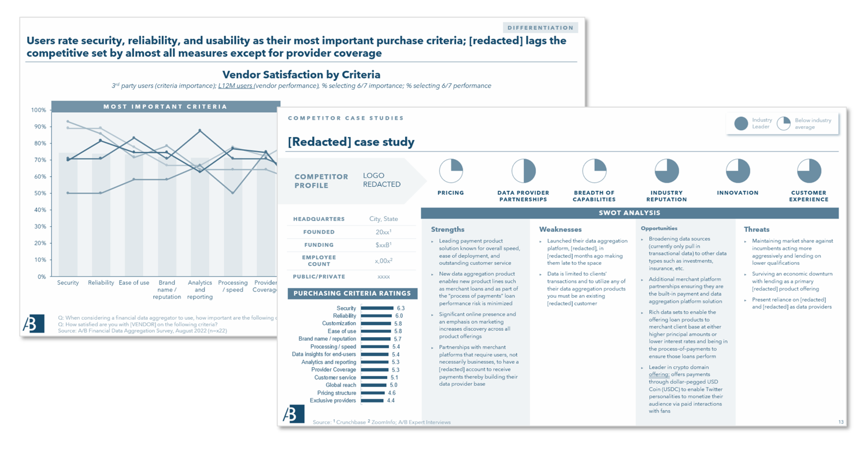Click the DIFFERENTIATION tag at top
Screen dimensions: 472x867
540,28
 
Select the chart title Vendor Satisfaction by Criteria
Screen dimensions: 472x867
301,75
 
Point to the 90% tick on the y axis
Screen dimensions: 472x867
39,127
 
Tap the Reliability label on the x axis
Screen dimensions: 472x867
101,283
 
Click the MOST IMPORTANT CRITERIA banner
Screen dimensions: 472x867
165,106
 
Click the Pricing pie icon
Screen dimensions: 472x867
451,171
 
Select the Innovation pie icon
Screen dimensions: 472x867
738,171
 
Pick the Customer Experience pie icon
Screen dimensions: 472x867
809,171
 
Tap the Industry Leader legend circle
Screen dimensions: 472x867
740,123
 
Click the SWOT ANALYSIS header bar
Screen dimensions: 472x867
629,213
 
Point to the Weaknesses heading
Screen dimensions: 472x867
560,230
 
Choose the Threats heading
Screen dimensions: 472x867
756,230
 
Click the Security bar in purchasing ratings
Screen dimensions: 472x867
377,308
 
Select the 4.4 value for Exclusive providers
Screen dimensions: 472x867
391,400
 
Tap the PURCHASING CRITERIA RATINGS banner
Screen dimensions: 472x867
352,293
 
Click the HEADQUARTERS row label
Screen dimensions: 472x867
318,219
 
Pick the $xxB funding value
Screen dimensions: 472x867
383,245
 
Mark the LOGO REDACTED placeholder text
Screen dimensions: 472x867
381,180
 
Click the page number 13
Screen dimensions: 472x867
841,422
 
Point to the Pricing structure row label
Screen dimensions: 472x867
336,393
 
